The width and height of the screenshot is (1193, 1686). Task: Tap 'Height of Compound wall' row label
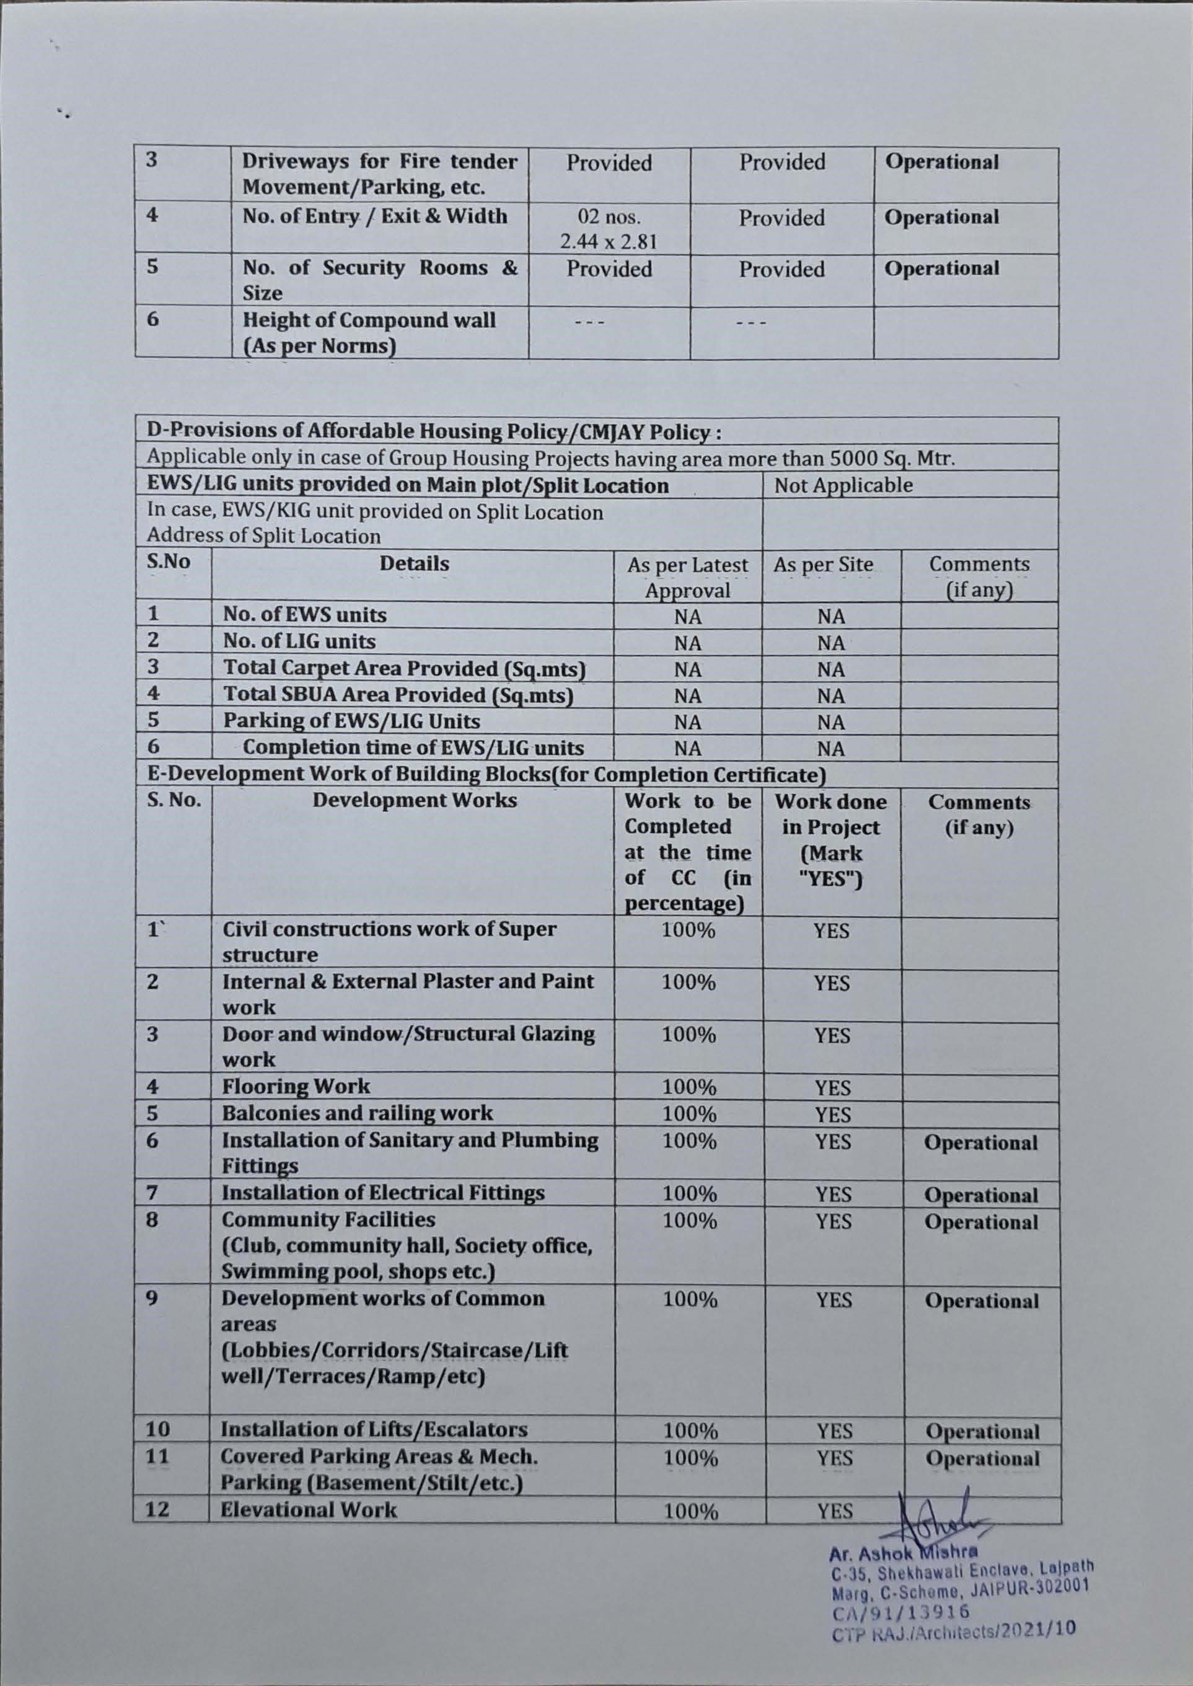369,320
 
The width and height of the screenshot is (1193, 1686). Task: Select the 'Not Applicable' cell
843,485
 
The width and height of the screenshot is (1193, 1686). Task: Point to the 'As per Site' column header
823,564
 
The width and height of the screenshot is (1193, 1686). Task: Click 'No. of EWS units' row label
304,614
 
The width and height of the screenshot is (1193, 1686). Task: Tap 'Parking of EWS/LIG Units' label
351,721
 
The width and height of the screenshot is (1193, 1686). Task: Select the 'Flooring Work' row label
296,1086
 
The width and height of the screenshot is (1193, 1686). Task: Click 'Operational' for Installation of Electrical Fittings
980,1195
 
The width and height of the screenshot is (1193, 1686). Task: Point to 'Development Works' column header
415,800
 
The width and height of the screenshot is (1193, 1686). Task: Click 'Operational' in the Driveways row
942,162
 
